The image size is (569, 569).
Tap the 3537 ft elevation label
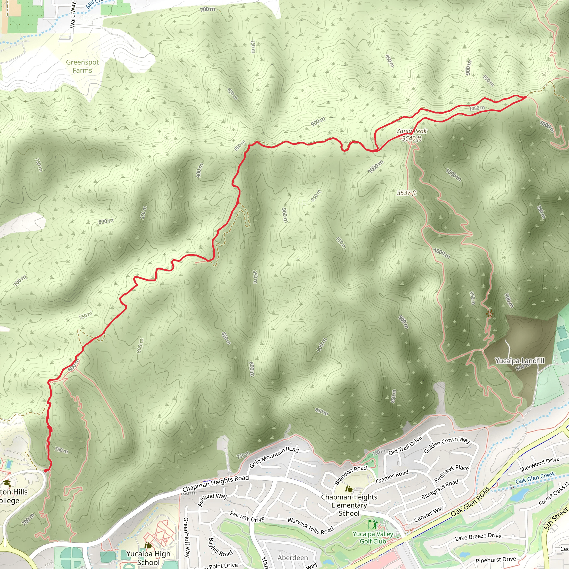coord(406,193)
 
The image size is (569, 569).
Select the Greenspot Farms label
coord(83,66)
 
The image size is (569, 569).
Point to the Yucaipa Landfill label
coord(520,361)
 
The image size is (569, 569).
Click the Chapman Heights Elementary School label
coord(349,505)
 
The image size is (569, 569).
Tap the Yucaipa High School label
coord(148,558)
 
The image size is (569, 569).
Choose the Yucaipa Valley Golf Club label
coord(373,538)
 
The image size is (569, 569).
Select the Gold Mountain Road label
coord(274,457)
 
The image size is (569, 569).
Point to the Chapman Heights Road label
coord(216,483)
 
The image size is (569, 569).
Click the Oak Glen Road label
coord(470,501)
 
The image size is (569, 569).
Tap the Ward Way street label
coord(73,15)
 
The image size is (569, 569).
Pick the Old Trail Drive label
coord(405,446)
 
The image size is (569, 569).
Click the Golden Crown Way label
coord(447,445)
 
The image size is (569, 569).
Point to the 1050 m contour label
coord(477,108)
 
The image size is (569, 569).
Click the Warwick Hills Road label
coord(310,526)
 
